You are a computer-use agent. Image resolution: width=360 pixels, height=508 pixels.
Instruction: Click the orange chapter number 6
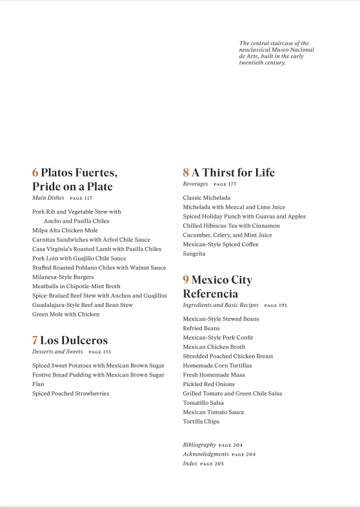(35, 173)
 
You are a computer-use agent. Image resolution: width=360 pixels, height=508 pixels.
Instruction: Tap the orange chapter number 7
(35, 340)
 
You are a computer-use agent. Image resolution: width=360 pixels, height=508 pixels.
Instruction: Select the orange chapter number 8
(186, 173)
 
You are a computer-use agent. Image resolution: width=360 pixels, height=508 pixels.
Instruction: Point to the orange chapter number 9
(186, 280)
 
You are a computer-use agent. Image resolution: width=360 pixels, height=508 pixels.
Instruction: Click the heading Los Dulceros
(74, 340)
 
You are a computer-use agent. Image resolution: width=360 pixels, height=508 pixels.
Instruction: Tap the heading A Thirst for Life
(233, 173)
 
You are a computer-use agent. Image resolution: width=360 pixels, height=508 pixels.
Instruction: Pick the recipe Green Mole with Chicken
(66, 314)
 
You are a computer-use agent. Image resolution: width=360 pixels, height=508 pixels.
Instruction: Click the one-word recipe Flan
(38, 384)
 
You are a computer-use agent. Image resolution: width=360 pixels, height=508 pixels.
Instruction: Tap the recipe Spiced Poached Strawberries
(71, 393)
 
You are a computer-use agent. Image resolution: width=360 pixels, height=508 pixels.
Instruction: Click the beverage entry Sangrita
(194, 253)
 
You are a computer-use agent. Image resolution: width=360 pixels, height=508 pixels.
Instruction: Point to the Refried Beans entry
(201, 328)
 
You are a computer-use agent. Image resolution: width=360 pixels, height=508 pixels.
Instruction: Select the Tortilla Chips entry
(201, 421)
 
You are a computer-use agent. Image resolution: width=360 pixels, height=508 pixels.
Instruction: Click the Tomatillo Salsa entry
(204, 402)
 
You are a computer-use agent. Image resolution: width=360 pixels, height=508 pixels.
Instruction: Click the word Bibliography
(199, 445)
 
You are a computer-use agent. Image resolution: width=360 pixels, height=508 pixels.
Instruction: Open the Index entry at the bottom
(190, 464)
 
